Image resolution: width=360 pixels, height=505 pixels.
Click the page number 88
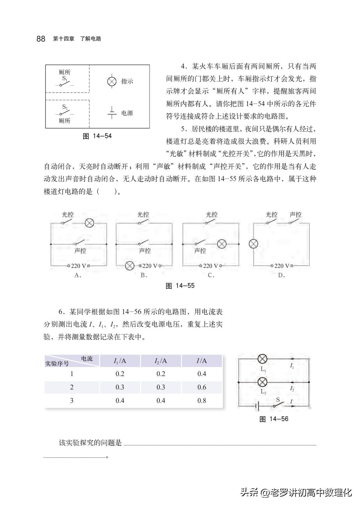(x=41, y=39)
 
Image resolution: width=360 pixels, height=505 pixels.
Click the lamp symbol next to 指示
(x=111, y=81)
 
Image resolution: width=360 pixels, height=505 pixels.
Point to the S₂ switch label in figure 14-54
(x=65, y=107)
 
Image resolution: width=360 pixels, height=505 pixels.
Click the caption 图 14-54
(x=97, y=136)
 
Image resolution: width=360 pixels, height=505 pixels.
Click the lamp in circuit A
(x=89, y=223)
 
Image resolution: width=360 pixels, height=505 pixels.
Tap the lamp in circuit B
(x=129, y=266)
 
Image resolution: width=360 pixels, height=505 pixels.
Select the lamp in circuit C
(x=221, y=244)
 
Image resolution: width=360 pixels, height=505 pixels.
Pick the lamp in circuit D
(x=253, y=244)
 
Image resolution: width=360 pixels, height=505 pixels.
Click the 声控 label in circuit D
(x=295, y=215)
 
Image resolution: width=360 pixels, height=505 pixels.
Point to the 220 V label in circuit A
(x=78, y=266)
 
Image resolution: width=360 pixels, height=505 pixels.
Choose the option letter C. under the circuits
(x=211, y=275)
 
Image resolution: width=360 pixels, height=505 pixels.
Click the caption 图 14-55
(x=180, y=286)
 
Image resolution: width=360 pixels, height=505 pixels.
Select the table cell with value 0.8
(x=202, y=401)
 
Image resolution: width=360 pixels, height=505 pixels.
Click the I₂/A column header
(x=161, y=361)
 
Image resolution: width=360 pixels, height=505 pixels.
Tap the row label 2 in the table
(x=72, y=387)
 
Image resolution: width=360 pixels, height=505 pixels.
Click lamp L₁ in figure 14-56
(x=263, y=359)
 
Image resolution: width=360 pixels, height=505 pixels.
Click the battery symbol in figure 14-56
(x=257, y=406)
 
